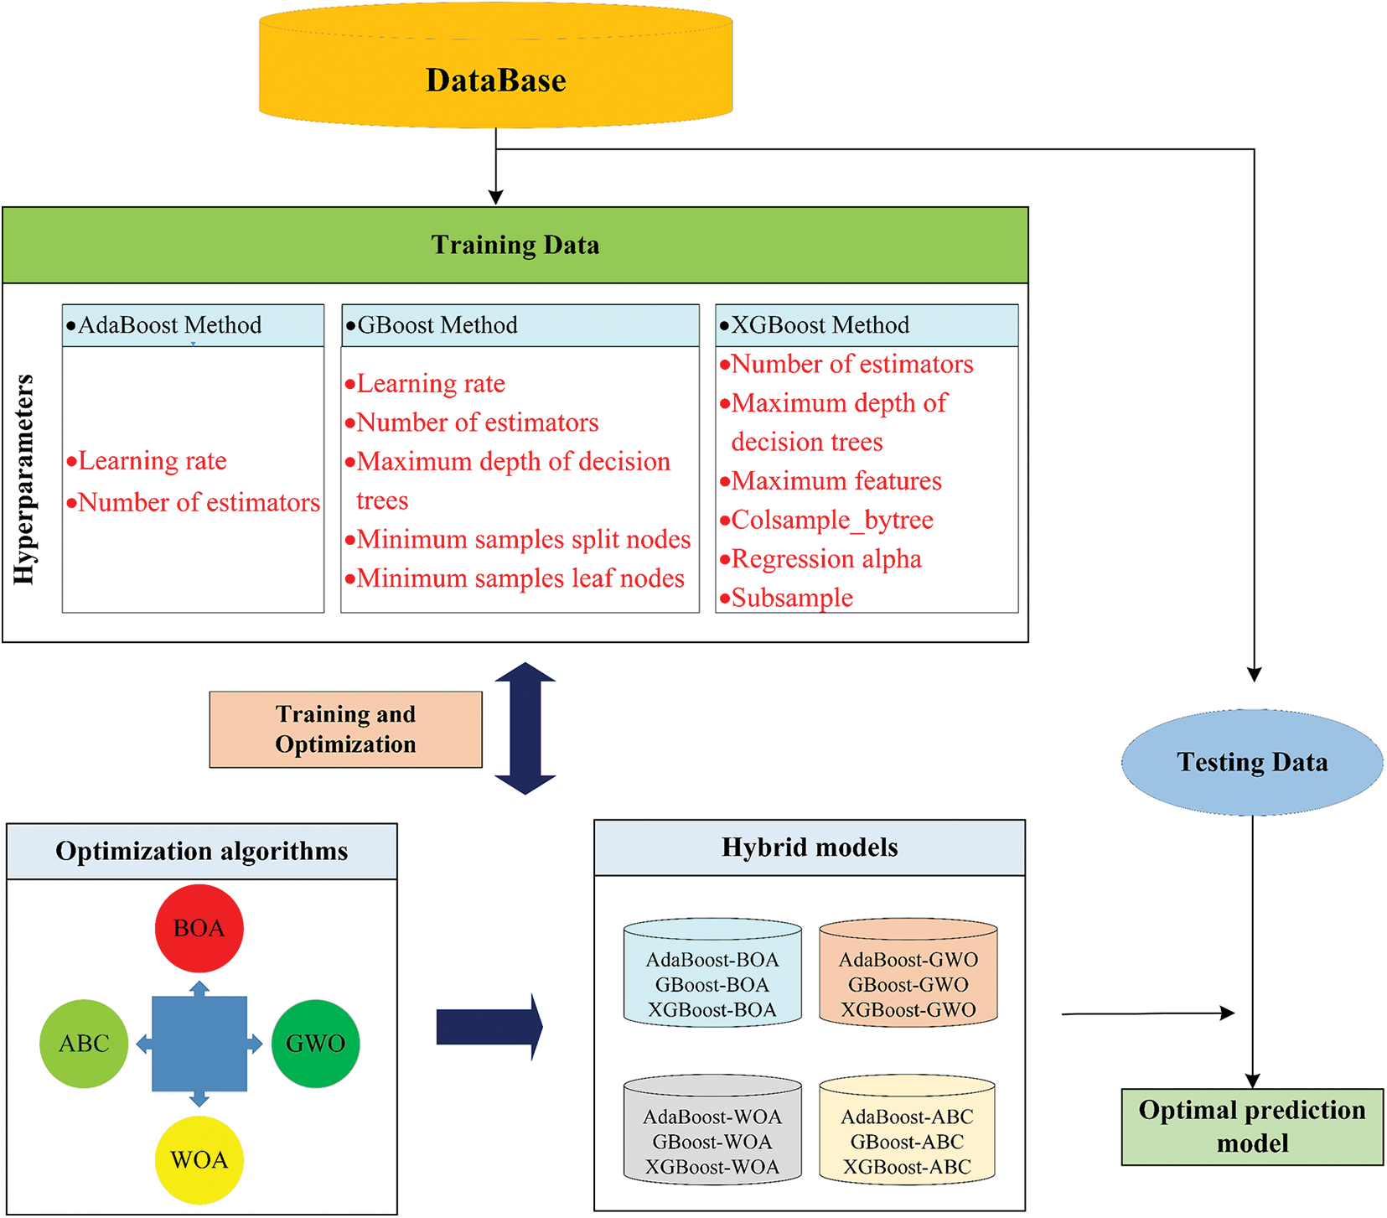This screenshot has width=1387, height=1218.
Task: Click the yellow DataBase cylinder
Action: (496, 67)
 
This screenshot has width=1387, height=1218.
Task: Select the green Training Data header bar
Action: (515, 245)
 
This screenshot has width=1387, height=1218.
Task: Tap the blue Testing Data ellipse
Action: (1252, 762)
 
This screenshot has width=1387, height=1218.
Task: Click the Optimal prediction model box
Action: (1252, 1127)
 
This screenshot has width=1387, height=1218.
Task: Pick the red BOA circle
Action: (199, 928)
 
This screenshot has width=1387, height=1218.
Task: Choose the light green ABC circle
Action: (84, 1044)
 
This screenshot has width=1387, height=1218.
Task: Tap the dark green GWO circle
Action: (316, 1044)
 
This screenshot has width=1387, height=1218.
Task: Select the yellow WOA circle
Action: (199, 1160)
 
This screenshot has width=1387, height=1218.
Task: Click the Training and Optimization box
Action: (346, 729)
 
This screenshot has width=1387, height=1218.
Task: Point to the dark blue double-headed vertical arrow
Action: (525, 728)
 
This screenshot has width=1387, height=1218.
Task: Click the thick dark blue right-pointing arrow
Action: (489, 1027)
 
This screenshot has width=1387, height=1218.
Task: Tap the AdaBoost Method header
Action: (193, 325)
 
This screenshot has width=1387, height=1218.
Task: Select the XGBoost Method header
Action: (867, 325)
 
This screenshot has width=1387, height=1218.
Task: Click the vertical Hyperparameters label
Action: (24, 479)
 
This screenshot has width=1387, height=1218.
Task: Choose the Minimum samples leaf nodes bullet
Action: (515, 578)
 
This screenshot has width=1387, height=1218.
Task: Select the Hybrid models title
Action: (810, 847)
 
